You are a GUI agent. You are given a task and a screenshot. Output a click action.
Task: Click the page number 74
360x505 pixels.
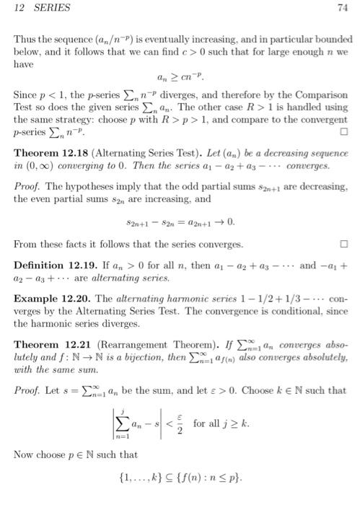342,9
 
